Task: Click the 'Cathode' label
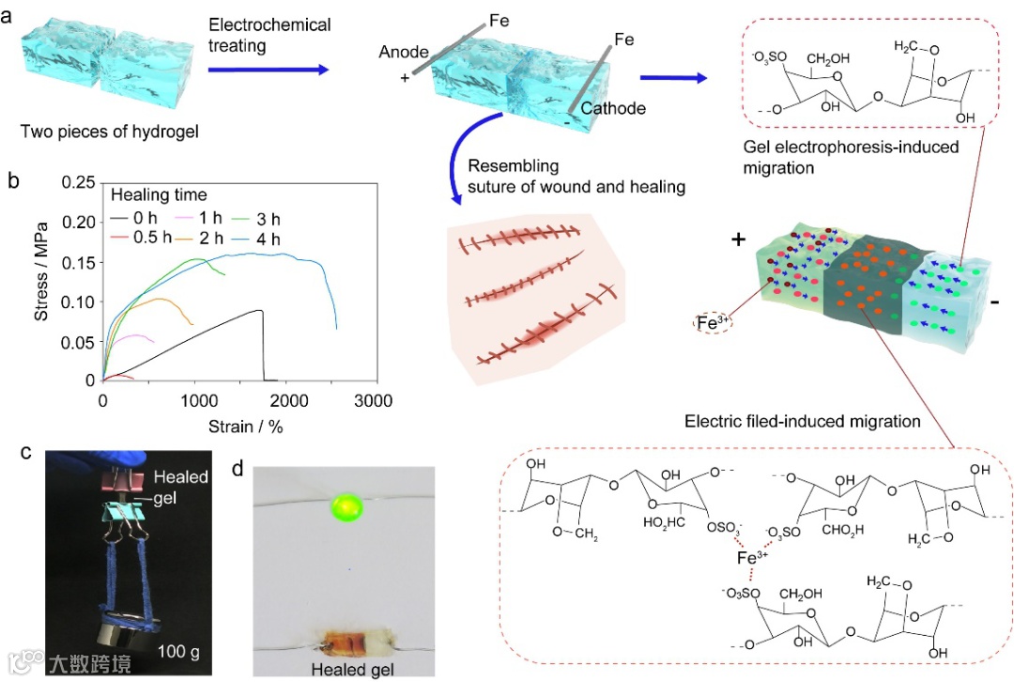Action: pos(613,108)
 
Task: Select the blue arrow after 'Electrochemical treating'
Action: pos(268,69)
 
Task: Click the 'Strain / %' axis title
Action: pos(240,426)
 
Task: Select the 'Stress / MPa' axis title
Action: pos(41,281)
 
